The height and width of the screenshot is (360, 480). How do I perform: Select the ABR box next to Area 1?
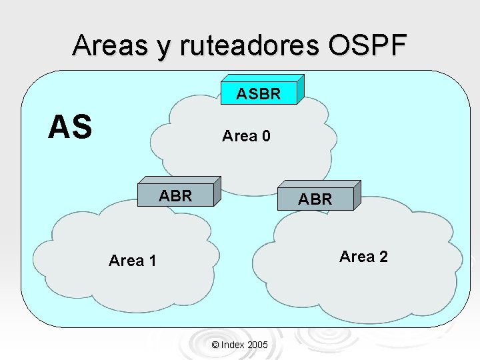175,195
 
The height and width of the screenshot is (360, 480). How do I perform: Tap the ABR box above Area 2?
315,199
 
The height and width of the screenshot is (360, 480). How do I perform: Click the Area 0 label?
246,136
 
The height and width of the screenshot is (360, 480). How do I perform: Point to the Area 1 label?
132,261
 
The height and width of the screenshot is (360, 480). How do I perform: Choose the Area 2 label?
363,257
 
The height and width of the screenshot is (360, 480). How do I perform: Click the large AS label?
70,127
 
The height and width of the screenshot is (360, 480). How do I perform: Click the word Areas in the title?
110,45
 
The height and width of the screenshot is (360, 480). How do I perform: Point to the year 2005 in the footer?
257,345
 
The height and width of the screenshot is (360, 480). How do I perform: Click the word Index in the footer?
232,345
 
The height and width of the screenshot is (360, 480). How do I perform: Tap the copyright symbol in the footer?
215,345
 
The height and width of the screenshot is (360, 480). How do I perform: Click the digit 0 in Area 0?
266,136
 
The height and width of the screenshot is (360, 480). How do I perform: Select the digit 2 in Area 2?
383,257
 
